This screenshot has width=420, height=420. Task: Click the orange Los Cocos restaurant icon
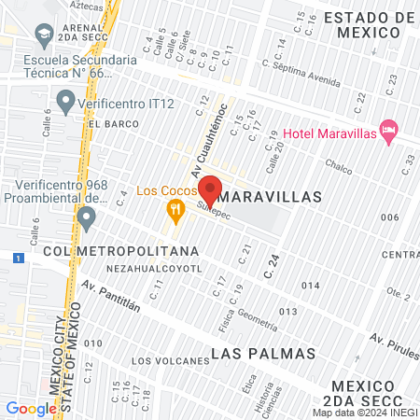(x=174, y=211)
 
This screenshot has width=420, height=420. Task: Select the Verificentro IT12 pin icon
(x=65, y=99)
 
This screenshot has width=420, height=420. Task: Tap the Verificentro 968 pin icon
(x=87, y=219)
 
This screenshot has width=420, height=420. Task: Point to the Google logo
(x=31, y=408)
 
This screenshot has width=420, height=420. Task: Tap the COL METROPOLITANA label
(x=121, y=251)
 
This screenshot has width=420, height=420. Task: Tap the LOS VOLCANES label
(x=170, y=360)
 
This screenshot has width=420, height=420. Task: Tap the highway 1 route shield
(x=17, y=257)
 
